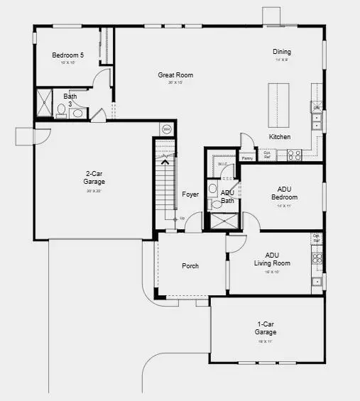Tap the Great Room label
pos(175,75)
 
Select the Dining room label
pos(282,52)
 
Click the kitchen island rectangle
pos(278,104)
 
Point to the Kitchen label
pos(279,136)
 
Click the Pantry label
pos(247,158)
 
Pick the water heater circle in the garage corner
pos(167,129)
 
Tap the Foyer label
pos(190,194)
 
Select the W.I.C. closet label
pos(222,165)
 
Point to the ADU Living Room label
pos(272,259)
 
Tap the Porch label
pos(190,266)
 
